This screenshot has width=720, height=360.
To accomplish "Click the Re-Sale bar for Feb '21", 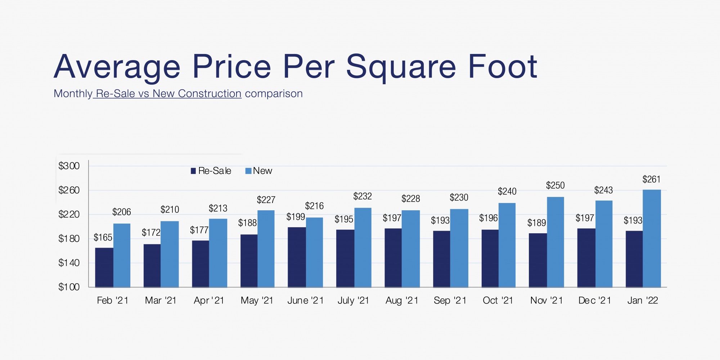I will pyautogui.click(x=104, y=267).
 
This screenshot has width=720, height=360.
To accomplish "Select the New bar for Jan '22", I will pyautogui.click(x=652, y=238).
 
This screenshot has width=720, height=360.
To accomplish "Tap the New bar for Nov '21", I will pyautogui.click(x=555, y=242).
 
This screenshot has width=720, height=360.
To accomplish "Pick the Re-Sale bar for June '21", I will pyautogui.click(x=297, y=257).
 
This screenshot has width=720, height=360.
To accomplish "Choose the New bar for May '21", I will pyautogui.click(x=266, y=249).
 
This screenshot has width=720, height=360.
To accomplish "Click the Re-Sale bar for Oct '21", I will pyautogui.click(x=490, y=258).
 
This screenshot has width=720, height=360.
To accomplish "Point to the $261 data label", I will pyautogui.click(x=651, y=179).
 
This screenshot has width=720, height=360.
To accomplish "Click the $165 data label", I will pyautogui.click(x=103, y=238).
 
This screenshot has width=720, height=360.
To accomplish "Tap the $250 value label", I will pyautogui.click(x=555, y=185).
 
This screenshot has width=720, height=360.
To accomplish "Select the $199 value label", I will pyautogui.click(x=296, y=217).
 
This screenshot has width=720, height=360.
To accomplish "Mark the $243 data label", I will pyautogui.click(x=603, y=190).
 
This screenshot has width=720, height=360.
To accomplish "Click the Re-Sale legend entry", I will pyautogui.click(x=211, y=171).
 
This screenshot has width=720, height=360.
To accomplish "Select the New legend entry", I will pyautogui.click(x=259, y=171).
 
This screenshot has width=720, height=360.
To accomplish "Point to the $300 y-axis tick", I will pyautogui.click(x=69, y=166).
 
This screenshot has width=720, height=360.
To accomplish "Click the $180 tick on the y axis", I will pyautogui.click(x=69, y=239).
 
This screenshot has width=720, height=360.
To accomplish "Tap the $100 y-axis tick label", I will pyautogui.click(x=69, y=287).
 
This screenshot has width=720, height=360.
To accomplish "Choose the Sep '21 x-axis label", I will pyautogui.click(x=450, y=301).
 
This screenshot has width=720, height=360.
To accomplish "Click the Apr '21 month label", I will pyautogui.click(x=209, y=301).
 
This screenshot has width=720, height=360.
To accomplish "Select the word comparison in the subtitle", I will pyautogui.click(x=274, y=94).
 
